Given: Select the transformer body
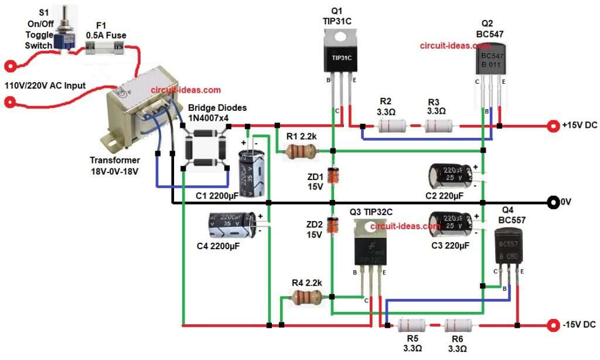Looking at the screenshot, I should (135, 111).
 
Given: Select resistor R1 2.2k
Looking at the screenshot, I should (301, 152).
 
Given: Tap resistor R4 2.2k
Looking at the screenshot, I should (306, 298).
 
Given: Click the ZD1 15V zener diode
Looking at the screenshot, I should (333, 175).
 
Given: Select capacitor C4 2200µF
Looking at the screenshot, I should (231, 226).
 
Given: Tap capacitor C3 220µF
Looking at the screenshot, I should (450, 225).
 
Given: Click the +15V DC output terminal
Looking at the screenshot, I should (552, 125).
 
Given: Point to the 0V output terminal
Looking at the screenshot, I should (552, 203).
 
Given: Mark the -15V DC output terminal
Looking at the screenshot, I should (552, 325).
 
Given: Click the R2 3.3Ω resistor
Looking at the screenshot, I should (391, 126).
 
